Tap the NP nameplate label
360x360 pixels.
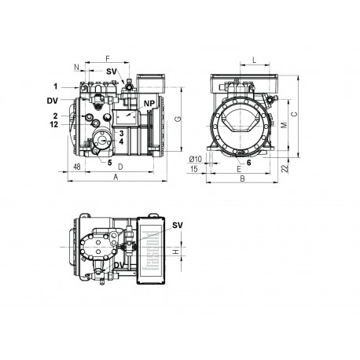click(x=149, y=104)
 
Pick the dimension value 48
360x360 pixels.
click(x=77, y=168)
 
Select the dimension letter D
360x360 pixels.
click(x=119, y=168)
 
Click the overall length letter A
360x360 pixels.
click(x=117, y=179)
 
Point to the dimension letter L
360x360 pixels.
click(x=255, y=59)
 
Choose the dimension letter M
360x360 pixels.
click(x=285, y=125)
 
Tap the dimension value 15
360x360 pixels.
click(x=193, y=169)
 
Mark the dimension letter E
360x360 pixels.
click(x=238, y=169)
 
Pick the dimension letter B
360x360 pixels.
click(x=242, y=180)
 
